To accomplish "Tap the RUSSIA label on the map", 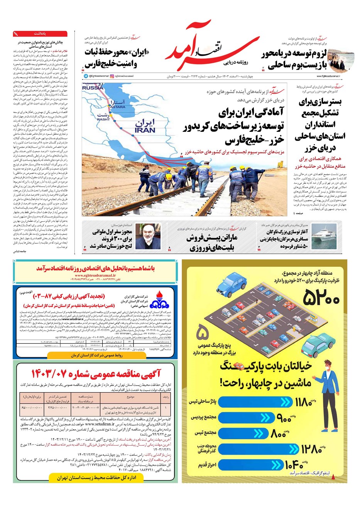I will [x=93, y=88].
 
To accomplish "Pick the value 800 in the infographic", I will [x=277, y=434].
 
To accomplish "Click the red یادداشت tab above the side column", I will [x=40, y=34].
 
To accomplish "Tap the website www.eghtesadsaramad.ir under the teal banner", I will [x=95, y=275].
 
